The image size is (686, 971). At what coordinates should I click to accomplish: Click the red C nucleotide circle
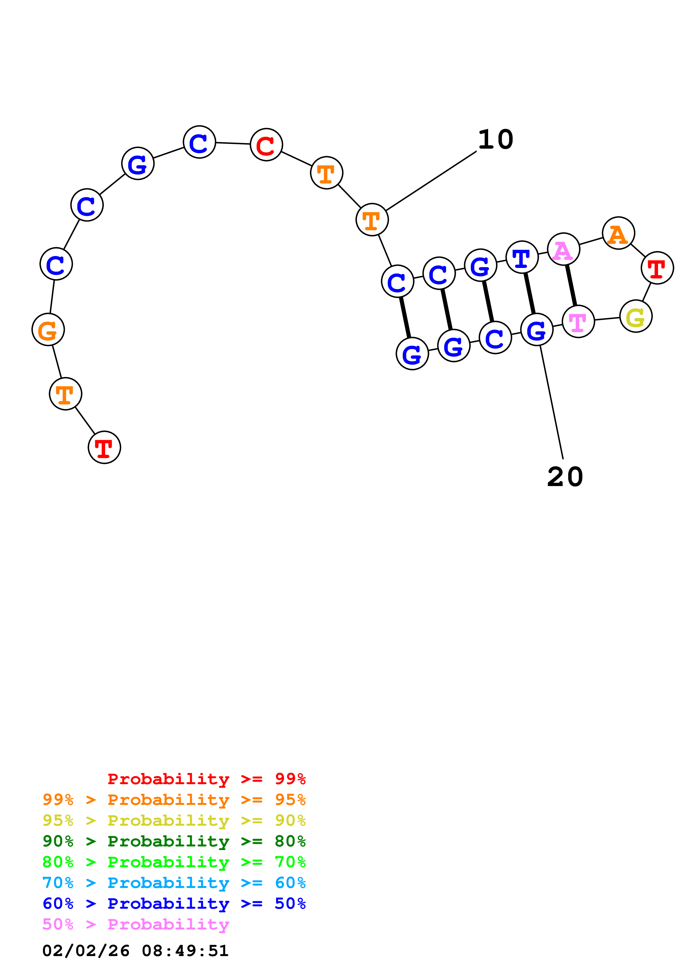click(266, 145)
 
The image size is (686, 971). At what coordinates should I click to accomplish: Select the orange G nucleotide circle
click(48, 329)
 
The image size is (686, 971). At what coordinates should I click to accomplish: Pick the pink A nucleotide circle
click(563, 249)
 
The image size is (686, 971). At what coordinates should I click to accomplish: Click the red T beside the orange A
click(657, 268)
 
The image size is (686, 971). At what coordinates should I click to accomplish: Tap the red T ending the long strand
click(104, 447)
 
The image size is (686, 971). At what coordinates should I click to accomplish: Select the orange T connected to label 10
click(372, 220)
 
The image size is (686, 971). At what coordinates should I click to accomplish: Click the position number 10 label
click(495, 140)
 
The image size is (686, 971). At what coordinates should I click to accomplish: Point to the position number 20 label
click(565, 477)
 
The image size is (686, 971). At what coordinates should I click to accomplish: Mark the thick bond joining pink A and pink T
click(571, 285)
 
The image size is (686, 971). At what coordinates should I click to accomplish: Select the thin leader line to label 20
click(551, 402)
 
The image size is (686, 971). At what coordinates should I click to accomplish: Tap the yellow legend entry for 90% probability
click(174, 820)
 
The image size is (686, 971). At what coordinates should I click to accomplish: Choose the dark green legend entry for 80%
click(174, 841)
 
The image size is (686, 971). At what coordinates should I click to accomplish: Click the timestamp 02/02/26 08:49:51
click(135, 951)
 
